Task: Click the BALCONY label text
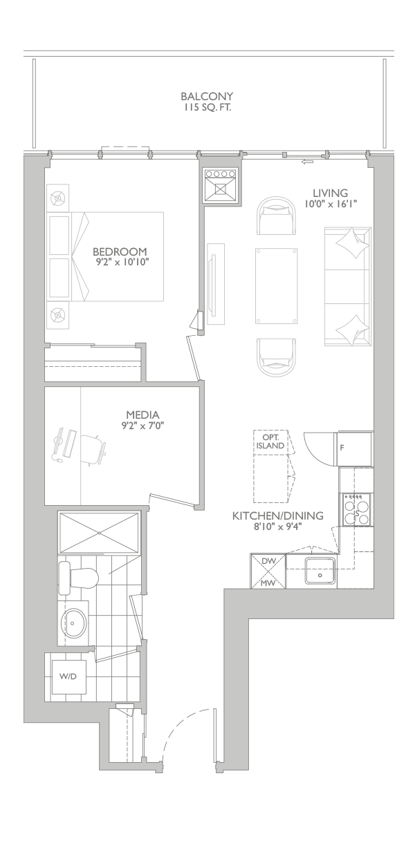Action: [207, 96]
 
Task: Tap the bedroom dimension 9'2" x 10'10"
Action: [120, 262]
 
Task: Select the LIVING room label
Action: [330, 193]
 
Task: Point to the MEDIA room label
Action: [142, 415]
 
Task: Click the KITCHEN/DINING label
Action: [277, 515]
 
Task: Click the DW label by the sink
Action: [268, 561]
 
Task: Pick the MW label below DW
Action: [268, 583]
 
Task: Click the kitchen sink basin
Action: [320, 572]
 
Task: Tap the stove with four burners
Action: [356, 509]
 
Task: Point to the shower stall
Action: [99, 532]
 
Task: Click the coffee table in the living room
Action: [277, 285]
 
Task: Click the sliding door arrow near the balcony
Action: [308, 162]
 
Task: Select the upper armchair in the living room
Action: [276, 216]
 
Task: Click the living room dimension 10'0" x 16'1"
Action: [331, 204]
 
